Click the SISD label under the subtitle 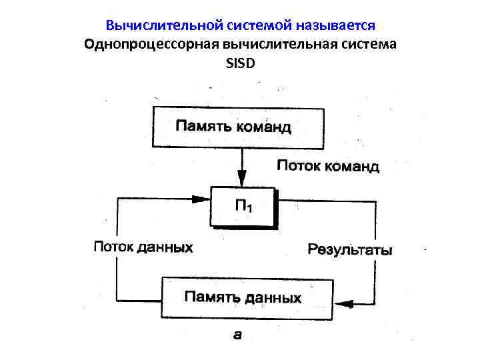[240, 63]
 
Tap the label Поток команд [328, 166]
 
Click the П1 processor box [243, 207]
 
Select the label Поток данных [143, 247]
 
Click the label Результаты [350, 250]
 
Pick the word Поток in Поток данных [113, 247]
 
